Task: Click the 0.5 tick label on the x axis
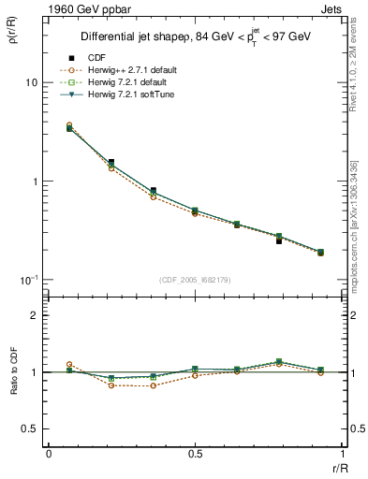[195, 453]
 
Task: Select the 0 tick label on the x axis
[48, 453]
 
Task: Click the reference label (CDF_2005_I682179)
[194, 280]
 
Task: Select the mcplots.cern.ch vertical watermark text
[357, 234]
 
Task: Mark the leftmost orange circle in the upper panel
[69, 124]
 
